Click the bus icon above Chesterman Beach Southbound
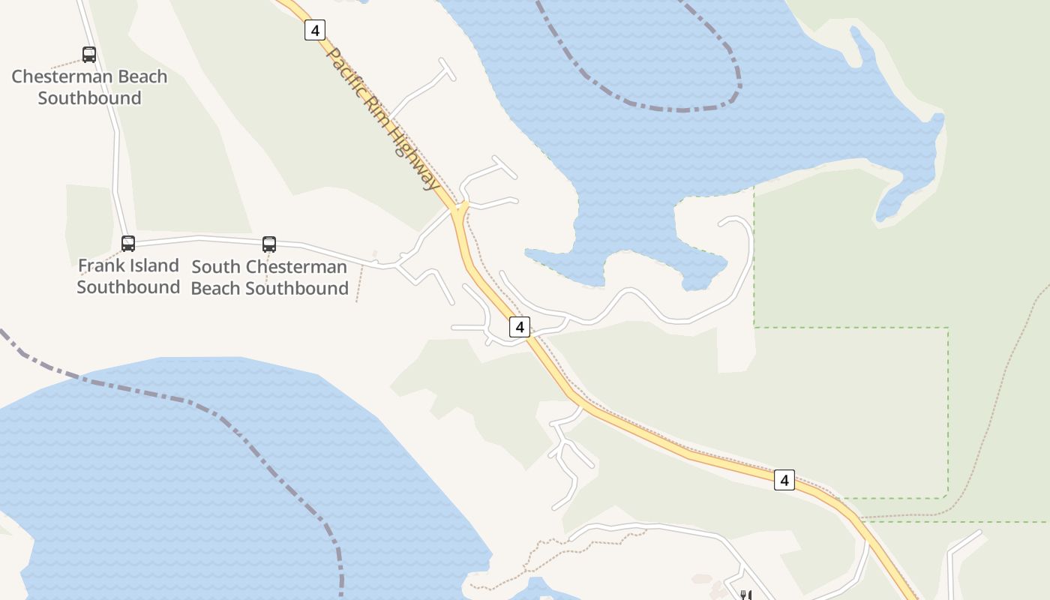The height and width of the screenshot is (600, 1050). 89,55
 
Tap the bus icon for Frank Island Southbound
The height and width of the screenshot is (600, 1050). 128,244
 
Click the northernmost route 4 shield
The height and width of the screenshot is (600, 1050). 315,30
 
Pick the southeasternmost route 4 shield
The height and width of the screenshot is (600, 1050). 784,480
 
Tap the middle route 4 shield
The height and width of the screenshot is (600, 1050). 519,326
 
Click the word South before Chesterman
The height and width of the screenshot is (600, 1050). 216,267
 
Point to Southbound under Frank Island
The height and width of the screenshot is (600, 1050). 128,287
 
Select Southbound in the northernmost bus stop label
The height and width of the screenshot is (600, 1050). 89,98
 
